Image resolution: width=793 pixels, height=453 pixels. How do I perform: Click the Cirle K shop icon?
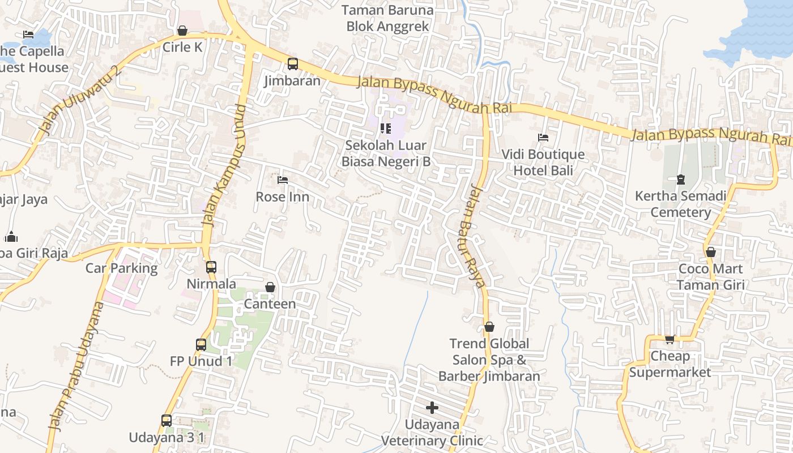pos(182,31)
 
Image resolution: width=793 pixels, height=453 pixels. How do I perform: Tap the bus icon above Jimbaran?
pos(292,64)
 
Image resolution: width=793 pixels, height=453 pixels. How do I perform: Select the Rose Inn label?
pos(283,197)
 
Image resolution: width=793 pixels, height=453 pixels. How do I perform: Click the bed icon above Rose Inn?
pos(283,180)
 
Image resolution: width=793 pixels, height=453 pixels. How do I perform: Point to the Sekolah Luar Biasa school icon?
pos(386,129)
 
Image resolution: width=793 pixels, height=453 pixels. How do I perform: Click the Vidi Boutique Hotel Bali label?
pos(543,163)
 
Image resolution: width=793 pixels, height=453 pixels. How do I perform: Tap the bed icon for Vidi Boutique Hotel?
pos(543,138)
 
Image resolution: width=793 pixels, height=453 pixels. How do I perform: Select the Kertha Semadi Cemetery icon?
pos(680,180)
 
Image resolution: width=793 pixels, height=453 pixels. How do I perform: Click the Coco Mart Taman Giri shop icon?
pos(710,252)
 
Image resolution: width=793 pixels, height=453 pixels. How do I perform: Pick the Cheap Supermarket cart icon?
pos(670,340)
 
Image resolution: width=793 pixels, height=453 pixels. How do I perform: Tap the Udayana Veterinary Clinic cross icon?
pos(432,408)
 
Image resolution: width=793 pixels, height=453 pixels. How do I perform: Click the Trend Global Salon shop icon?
pos(489,327)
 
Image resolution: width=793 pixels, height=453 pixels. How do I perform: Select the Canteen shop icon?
pos(270,287)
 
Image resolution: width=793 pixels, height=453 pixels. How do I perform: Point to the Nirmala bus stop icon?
pos(211,267)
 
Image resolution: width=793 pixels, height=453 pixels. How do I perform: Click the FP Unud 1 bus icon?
pos(201,344)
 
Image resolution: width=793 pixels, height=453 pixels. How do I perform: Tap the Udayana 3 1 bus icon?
pos(167,421)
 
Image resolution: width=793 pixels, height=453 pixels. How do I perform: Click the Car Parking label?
pos(121,268)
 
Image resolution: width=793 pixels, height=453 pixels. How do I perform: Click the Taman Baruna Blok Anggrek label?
pos(388,18)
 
